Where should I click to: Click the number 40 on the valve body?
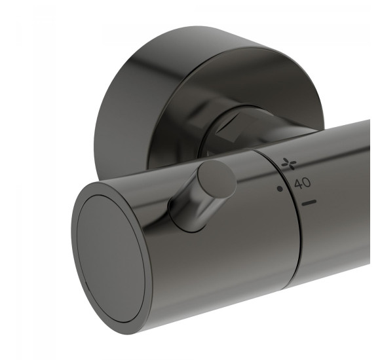[x=302, y=184]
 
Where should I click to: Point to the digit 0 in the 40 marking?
[x=307, y=183]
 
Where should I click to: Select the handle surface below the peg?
[x=216, y=262]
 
